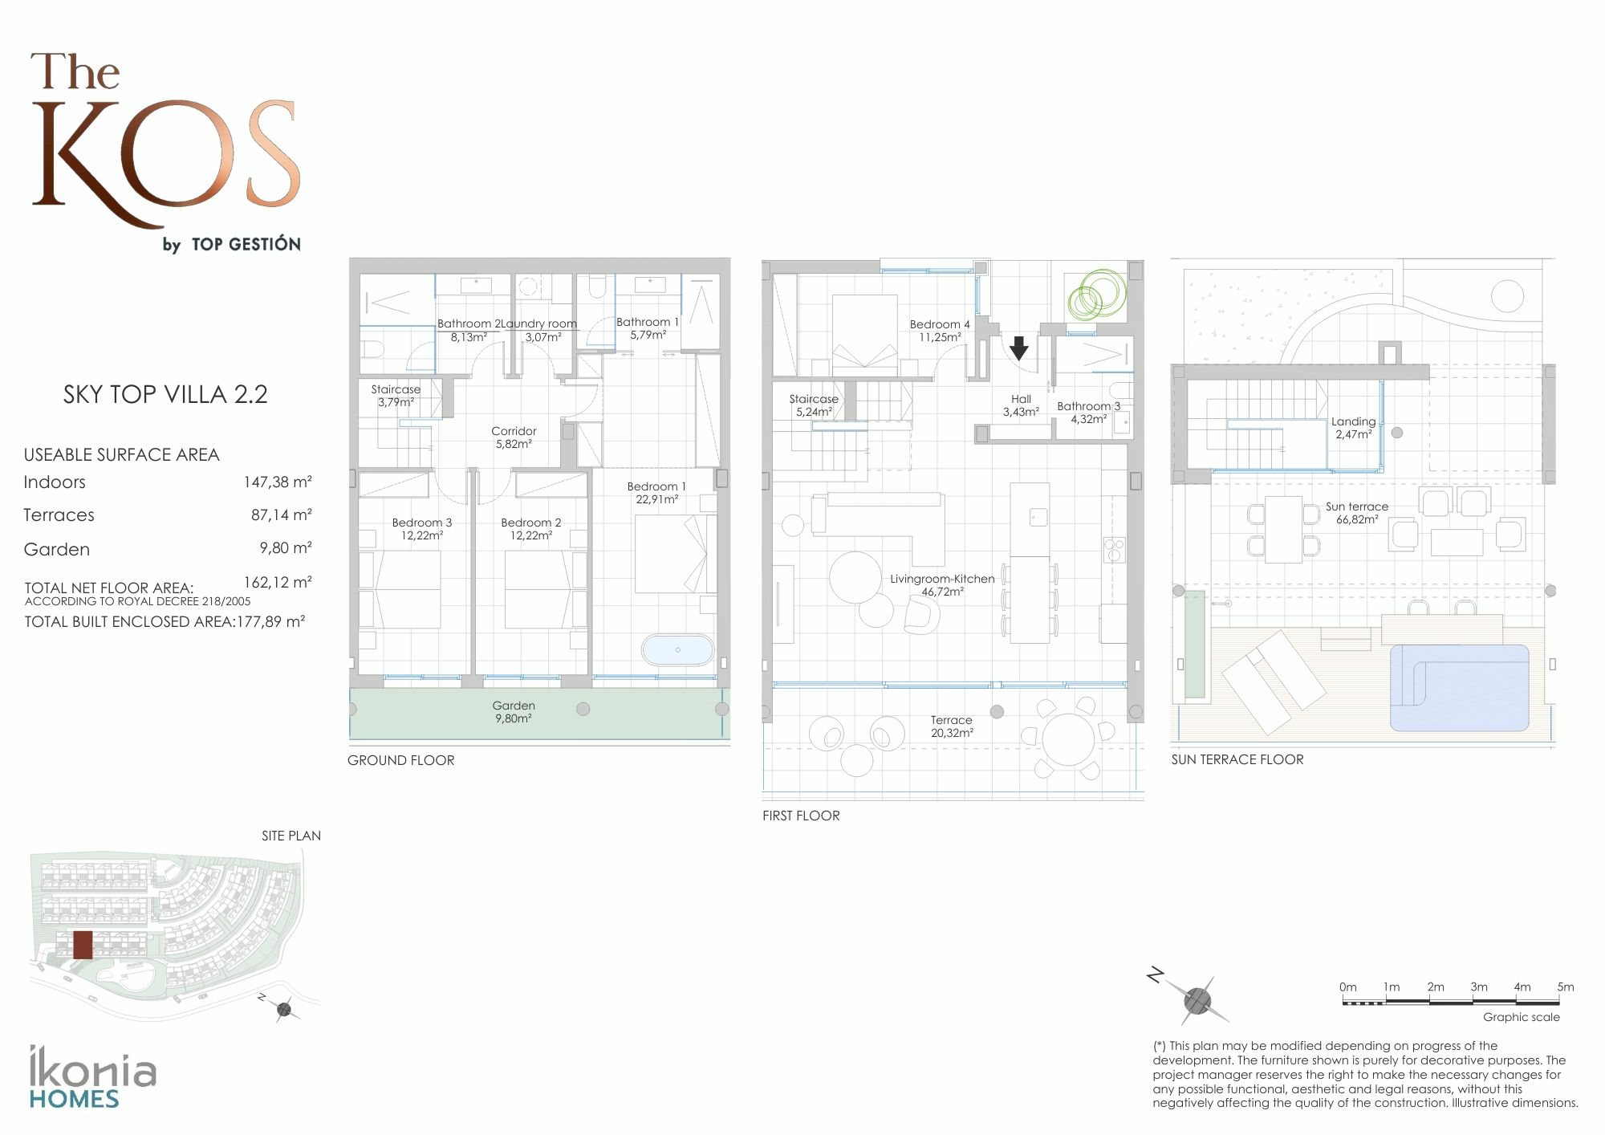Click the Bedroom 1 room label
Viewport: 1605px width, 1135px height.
[x=656, y=493]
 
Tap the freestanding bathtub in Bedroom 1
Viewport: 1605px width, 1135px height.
[x=677, y=650]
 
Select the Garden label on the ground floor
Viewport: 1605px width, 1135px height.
[x=514, y=712]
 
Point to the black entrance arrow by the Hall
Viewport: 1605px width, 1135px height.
[x=1018, y=348]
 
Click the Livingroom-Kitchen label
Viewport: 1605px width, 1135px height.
[x=942, y=585]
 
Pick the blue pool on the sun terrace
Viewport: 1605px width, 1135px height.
[x=1459, y=688]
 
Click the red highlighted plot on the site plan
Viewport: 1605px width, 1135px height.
[x=83, y=945]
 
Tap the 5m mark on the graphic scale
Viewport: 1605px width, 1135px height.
[x=1565, y=987]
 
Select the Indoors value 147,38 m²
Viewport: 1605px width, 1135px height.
[x=278, y=482]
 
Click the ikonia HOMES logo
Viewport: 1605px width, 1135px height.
[x=92, y=1078]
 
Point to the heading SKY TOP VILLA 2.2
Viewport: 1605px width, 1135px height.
[x=165, y=394]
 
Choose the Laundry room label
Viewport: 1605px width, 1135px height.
[x=539, y=330]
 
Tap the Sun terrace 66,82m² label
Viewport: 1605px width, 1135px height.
[x=1357, y=513]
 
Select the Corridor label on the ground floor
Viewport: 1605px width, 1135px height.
[x=514, y=437]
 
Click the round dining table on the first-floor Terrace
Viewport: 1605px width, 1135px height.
[x=1068, y=738]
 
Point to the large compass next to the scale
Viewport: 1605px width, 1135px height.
[x=1197, y=1000]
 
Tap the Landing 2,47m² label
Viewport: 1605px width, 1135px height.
[x=1353, y=428]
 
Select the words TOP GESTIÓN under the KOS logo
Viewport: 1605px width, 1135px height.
[x=246, y=244]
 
